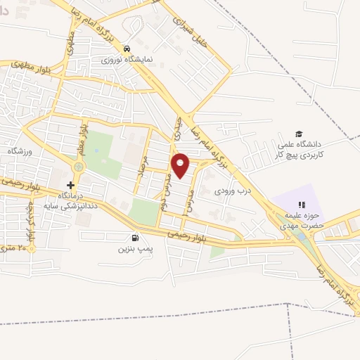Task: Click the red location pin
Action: point(181,165)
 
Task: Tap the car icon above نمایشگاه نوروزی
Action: point(126,49)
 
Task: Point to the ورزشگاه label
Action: point(20,151)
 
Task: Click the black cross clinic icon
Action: point(70,184)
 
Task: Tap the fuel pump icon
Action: point(135,238)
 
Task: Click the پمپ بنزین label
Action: point(134,249)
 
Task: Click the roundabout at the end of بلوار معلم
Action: point(78,167)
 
